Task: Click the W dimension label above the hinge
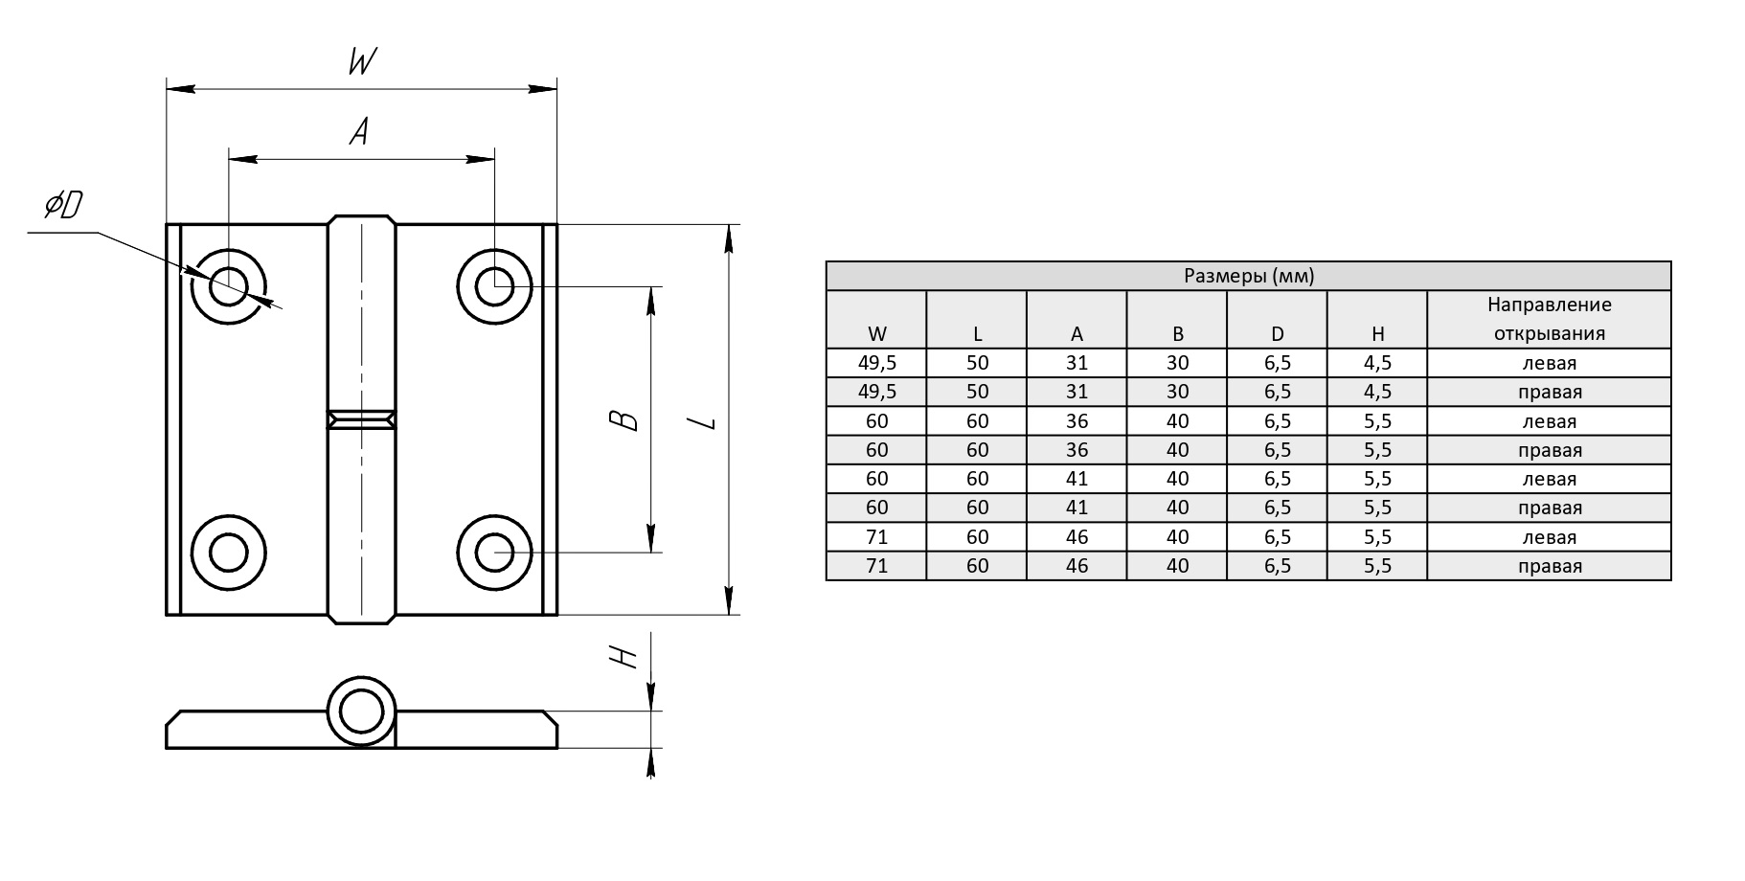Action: [361, 62]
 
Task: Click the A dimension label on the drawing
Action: [359, 131]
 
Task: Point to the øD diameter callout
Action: [64, 205]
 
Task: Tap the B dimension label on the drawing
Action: [625, 419]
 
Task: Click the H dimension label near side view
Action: [623, 656]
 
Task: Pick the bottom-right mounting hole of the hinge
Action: [494, 552]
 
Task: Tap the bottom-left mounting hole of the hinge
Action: [228, 553]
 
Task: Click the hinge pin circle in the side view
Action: [361, 712]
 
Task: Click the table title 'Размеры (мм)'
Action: [1248, 277]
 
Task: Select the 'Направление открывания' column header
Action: [1549, 319]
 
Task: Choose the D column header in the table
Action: [1277, 334]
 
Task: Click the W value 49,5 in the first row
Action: [876, 363]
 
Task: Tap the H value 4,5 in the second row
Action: [1377, 392]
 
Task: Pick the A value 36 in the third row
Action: [1076, 421]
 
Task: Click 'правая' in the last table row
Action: [1549, 566]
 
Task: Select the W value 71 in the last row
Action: [876, 566]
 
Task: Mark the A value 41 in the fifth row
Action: [1076, 479]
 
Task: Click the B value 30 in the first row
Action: [1177, 363]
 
